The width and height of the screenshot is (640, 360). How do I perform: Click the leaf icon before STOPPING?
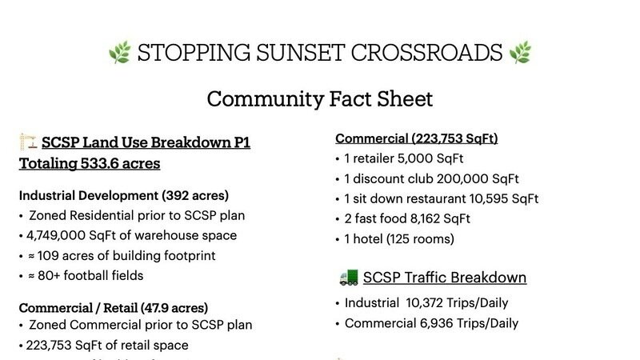(x=119, y=52)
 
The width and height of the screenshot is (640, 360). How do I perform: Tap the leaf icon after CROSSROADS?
(x=520, y=52)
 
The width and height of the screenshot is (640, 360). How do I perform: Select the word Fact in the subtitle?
(x=350, y=98)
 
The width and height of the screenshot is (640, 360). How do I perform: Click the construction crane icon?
(x=28, y=142)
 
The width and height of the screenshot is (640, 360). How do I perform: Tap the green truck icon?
(x=349, y=277)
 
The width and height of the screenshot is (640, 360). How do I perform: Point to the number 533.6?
(x=98, y=163)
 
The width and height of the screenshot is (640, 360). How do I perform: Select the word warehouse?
(x=164, y=235)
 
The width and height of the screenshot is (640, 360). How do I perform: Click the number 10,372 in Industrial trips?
(x=424, y=303)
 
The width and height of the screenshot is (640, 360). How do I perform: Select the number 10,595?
(x=489, y=198)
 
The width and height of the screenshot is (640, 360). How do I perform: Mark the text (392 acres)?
(x=195, y=195)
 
